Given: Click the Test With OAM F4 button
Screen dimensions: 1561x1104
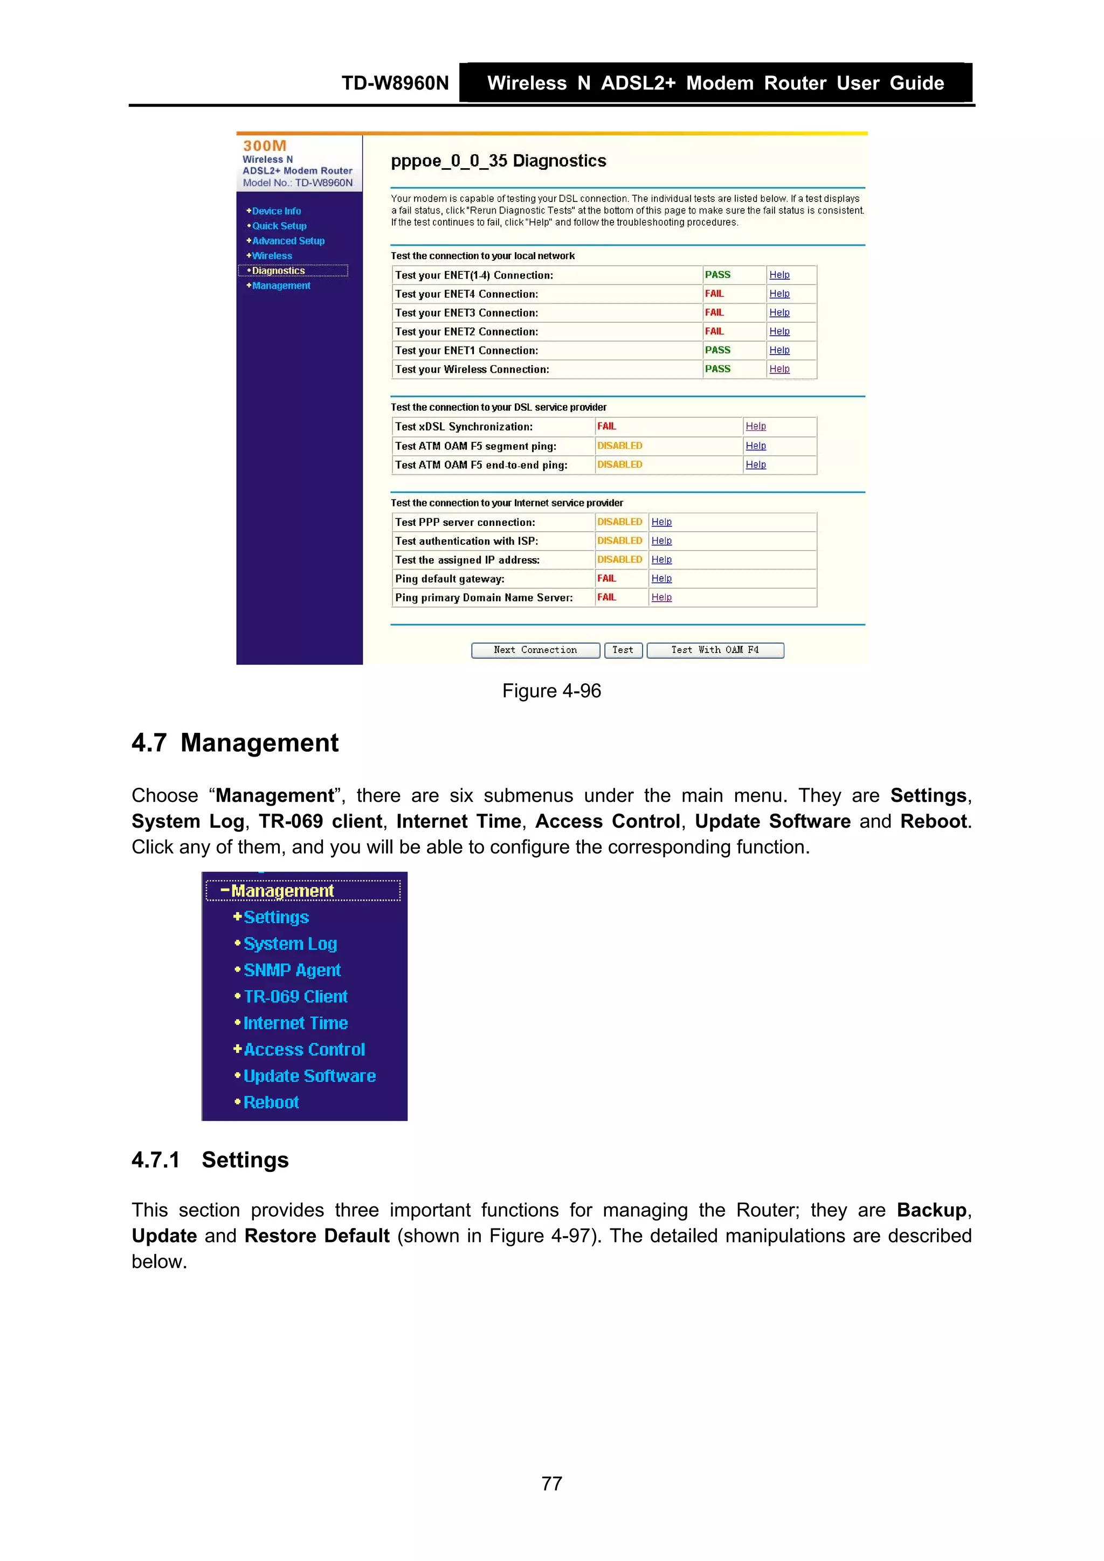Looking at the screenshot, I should pos(714,650).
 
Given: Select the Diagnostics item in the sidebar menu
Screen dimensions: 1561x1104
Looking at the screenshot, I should pos(278,270).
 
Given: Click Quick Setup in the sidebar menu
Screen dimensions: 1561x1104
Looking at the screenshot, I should pos(279,226).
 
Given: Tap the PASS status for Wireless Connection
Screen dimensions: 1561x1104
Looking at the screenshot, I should pos(717,369).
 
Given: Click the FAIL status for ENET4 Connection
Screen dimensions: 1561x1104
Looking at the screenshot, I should pos(714,294).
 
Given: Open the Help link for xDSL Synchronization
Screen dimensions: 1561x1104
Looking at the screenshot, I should pos(755,426).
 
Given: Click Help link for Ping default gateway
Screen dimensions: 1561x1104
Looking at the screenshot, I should pos(661,579).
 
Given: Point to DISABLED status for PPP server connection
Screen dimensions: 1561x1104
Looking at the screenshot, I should pos(619,522).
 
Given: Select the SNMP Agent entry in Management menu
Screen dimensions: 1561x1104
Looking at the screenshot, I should pos(292,970).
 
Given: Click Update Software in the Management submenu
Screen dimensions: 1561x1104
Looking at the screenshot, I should pos(309,1076).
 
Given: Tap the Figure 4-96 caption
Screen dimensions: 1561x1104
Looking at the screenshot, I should pos(551,691).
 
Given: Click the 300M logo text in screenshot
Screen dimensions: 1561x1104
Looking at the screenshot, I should pos(265,146).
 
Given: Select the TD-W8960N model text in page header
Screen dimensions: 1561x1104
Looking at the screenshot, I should pos(395,83).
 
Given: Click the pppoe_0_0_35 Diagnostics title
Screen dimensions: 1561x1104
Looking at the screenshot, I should pos(498,161).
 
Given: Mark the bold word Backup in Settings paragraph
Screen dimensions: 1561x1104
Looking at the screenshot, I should pos(930,1210).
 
